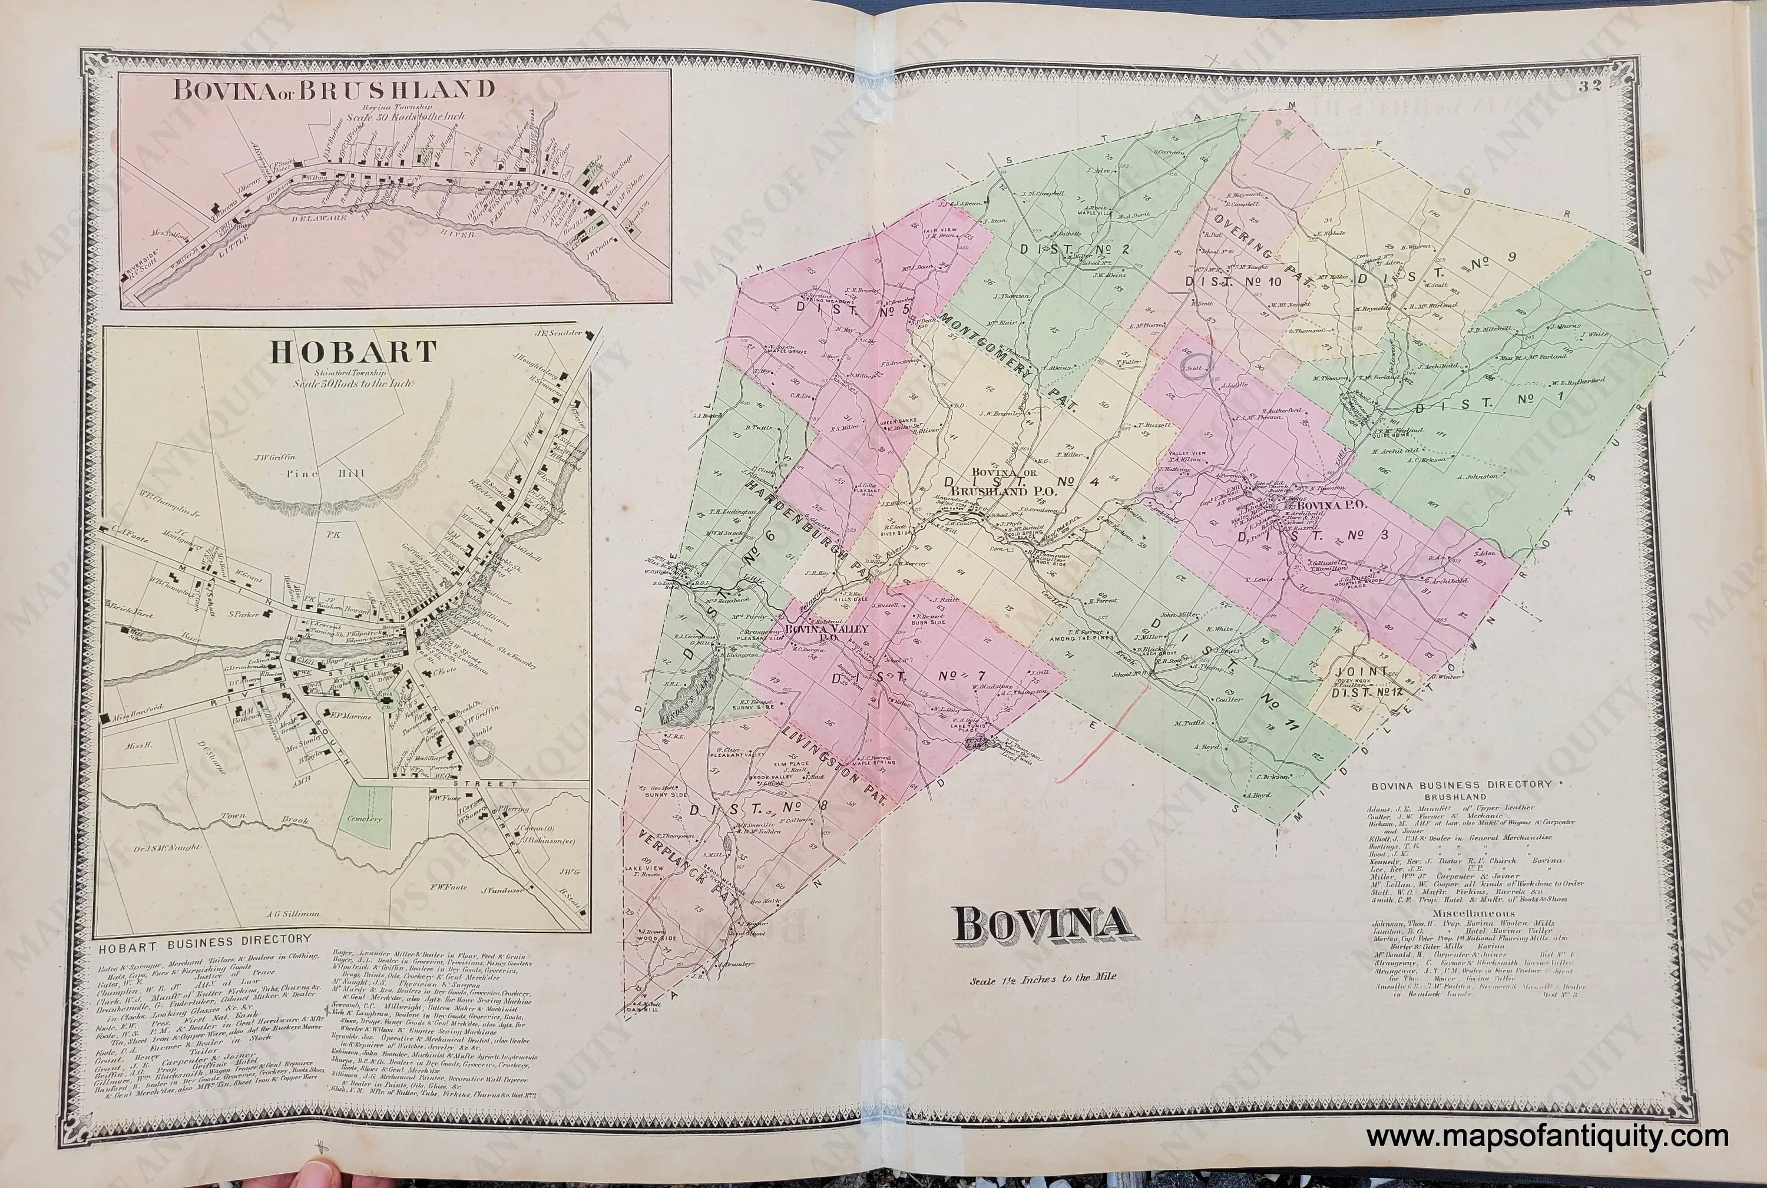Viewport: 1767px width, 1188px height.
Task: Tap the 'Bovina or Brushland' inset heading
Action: [333, 90]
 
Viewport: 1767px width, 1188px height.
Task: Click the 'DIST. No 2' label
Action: [1068, 249]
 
